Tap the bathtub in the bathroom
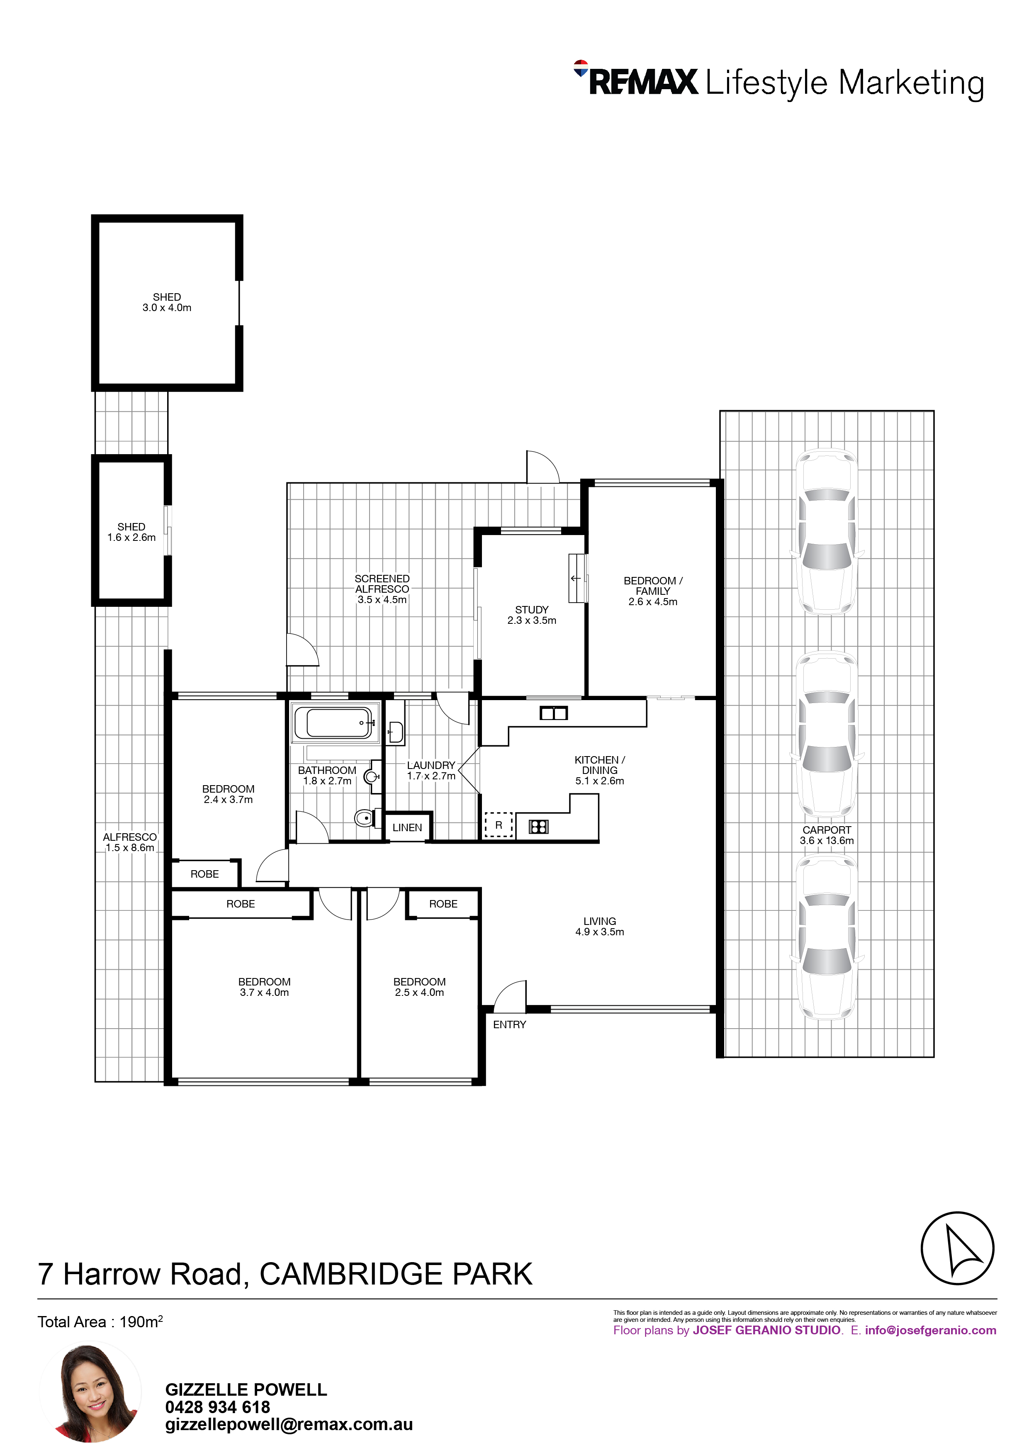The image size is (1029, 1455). coord(335,723)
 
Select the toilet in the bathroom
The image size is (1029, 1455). coord(367,818)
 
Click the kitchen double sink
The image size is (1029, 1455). coord(553,713)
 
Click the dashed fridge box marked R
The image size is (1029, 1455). coord(498,825)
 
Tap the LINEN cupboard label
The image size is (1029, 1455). coord(407,827)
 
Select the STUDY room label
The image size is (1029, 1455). coord(532,610)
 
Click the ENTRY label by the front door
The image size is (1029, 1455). coord(509,1025)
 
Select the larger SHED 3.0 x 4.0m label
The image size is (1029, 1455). coord(167,302)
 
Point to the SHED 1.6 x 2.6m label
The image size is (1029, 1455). coord(131,532)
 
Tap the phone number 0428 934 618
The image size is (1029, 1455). coord(217,1407)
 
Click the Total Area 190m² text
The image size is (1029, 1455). coord(100,1321)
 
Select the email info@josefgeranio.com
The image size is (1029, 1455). coord(930,1330)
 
